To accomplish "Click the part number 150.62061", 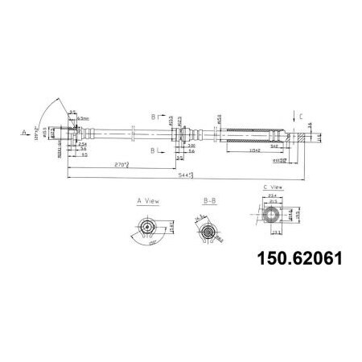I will pos(297,258).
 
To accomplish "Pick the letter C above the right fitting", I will pos(300,115).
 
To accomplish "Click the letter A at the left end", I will pos(25,129).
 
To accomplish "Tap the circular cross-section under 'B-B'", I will pos(208,234).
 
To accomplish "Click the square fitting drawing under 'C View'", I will pos(274,215).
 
